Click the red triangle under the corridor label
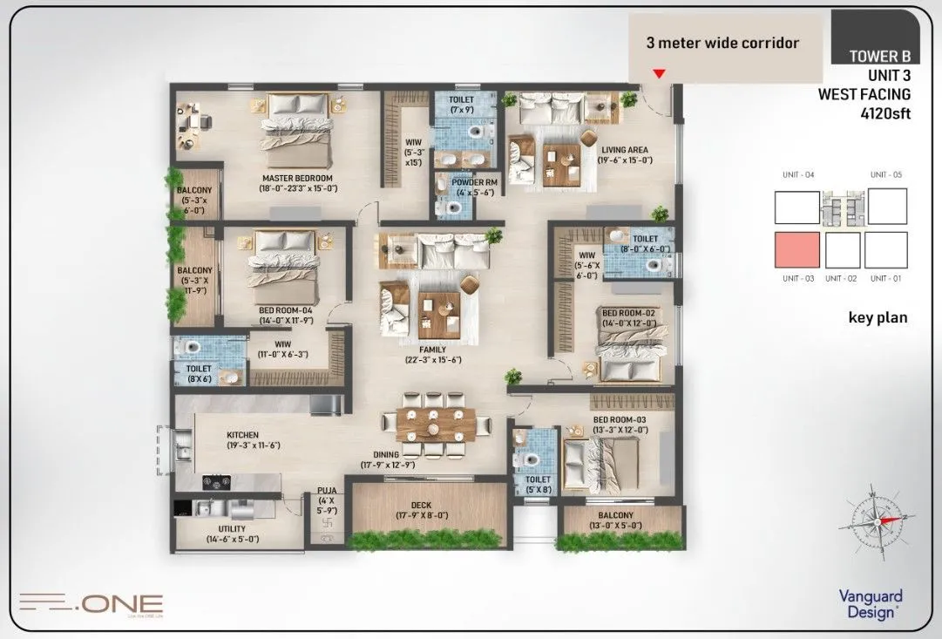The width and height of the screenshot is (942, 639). [660, 74]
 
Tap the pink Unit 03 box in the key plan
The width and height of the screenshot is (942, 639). [797, 250]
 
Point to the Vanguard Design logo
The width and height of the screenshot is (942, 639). [870, 604]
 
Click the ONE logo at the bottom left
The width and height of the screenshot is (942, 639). [91, 602]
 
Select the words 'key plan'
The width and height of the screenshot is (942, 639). [878, 317]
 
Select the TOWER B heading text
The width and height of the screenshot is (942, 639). [880, 57]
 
